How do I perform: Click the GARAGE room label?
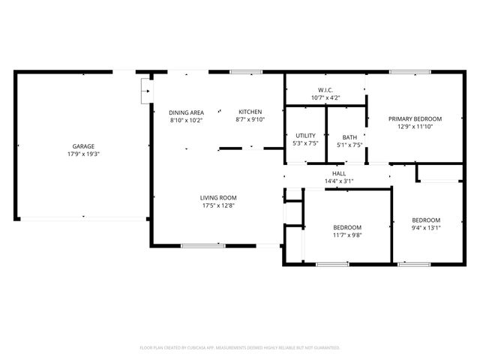pyautogui.click(x=83, y=146)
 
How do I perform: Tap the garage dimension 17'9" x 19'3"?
pyautogui.click(x=83, y=154)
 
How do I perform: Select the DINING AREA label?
pyautogui.click(x=186, y=112)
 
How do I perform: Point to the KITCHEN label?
pyautogui.click(x=250, y=112)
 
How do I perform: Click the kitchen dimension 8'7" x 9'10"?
pyautogui.click(x=250, y=120)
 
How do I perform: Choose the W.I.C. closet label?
pyautogui.click(x=325, y=89)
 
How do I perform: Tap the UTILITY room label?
pyautogui.click(x=305, y=136)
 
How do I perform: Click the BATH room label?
pyautogui.click(x=349, y=137)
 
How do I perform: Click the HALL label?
pyautogui.click(x=338, y=173)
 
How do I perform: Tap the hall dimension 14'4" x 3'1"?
pyautogui.click(x=338, y=181)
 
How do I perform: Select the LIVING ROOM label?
pyautogui.click(x=218, y=198)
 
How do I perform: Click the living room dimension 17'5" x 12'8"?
pyautogui.click(x=218, y=205)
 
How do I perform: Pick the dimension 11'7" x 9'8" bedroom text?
pyautogui.click(x=347, y=235)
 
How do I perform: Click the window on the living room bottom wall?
pyautogui.click(x=202, y=245)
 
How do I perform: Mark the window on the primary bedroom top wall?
pyautogui.click(x=409, y=72)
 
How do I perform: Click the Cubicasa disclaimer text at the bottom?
pyautogui.click(x=240, y=347)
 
